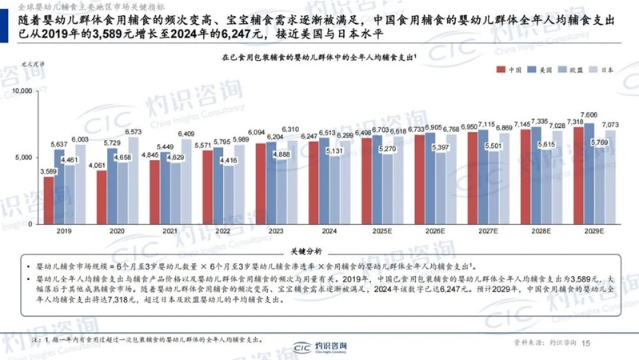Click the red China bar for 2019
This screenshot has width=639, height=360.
tap(49, 200)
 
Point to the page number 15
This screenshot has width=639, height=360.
tap(585, 343)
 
